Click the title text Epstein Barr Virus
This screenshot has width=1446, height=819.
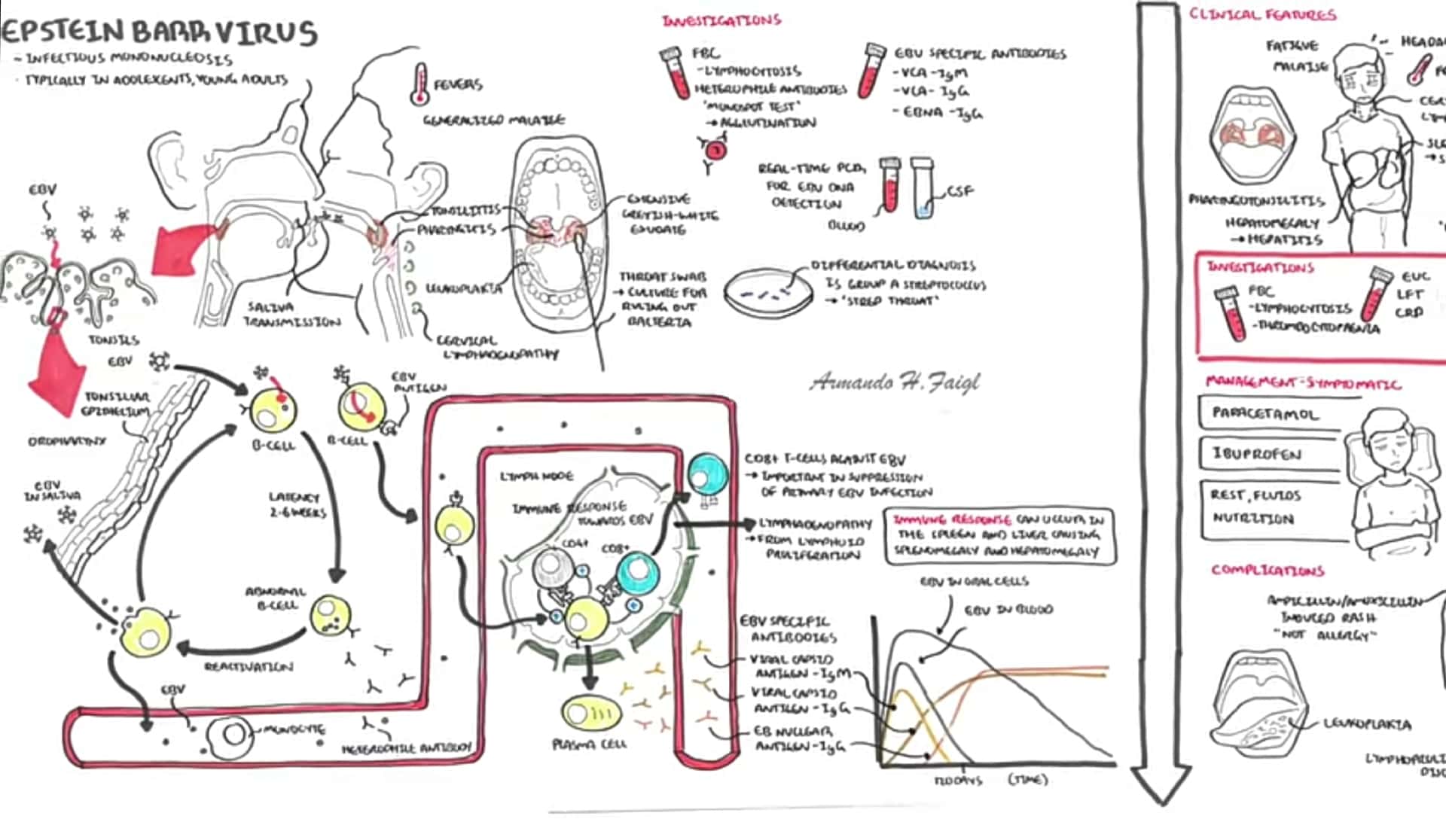click(x=160, y=32)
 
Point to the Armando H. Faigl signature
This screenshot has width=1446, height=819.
click(x=895, y=382)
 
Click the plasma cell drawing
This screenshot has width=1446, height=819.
click(x=591, y=713)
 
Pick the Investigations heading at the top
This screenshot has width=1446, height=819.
click(x=721, y=20)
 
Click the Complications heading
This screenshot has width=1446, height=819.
click(x=1268, y=570)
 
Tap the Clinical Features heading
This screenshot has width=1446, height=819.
click(x=1262, y=14)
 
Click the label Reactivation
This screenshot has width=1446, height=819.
click(x=249, y=667)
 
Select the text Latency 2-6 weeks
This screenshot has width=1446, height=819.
click(x=297, y=504)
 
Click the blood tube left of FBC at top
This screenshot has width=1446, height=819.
click(x=675, y=73)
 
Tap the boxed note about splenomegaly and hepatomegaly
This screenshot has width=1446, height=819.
click(x=999, y=535)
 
